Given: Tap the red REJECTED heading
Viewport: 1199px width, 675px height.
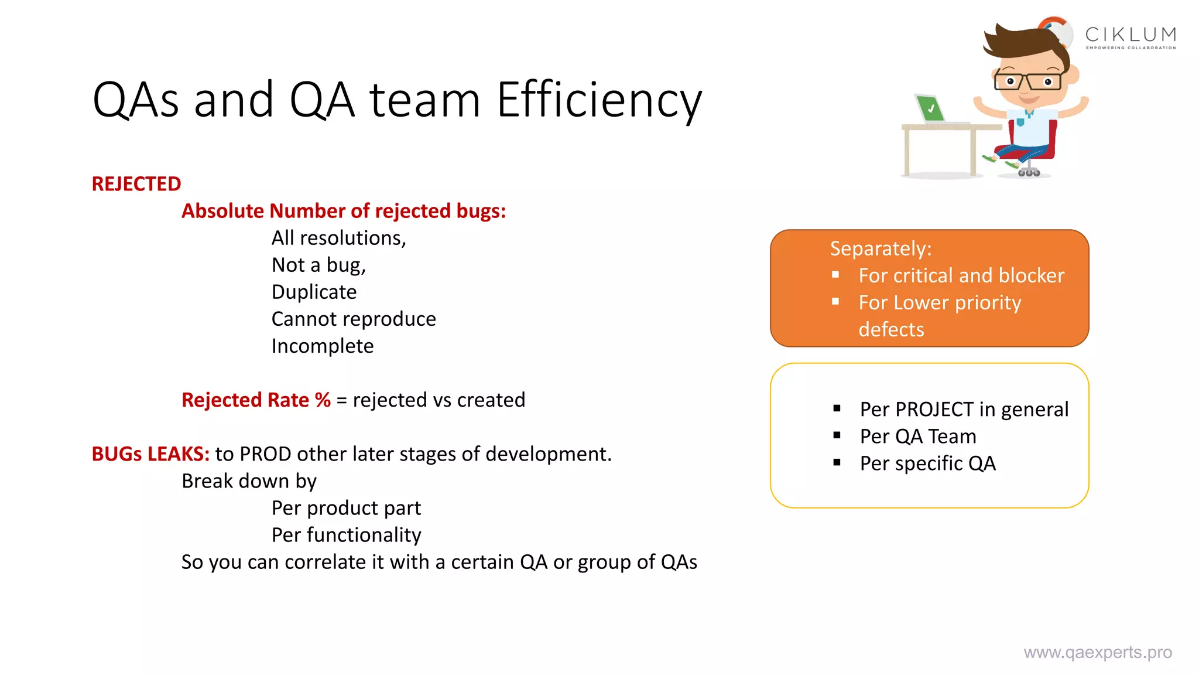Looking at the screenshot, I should pyautogui.click(x=136, y=184).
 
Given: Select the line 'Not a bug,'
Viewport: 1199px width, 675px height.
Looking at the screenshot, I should pyautogui.click(x=318, y=265).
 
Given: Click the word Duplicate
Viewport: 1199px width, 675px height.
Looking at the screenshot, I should pyautogui.click(x=314, y=292).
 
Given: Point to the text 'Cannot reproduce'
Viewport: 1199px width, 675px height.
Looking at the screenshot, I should pyautogui.click(x=354, y=319).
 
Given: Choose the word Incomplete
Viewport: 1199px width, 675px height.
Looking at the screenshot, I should pyautogui.click(x=322, y=346).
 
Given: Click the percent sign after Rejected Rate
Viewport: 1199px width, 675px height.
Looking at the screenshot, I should pyautogui.click(x=323, y=400).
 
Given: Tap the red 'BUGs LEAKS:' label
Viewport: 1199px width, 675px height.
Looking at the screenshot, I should pyautogui.click(x=150, y=454).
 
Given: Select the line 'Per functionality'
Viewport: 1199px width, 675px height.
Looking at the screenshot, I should pyautogui.click(x=346, y=535).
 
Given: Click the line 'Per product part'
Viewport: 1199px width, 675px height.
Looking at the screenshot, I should pyautogui.click(x=346, y=508).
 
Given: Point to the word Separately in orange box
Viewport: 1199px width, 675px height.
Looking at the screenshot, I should pyautogui.click(x=880, y=249).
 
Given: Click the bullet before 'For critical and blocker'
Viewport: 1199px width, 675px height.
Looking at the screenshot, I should pyautogui.click(x=835, y=275).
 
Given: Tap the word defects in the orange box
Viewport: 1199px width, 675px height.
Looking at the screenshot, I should pyautogui.click(x=891, y=330).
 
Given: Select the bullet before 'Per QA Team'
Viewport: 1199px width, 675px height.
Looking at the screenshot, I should pyautogui.click(x=837, y=435).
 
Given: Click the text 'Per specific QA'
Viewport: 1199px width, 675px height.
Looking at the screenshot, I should pyautogui.click(x=927, y=463).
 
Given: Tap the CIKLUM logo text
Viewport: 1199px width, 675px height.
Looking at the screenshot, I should pyautogui.click(x=1130, y=35).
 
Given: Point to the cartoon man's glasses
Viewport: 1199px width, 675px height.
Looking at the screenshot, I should pyautogui.click(x=1027, y=81).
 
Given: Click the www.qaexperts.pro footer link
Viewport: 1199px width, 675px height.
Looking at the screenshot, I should pyautogui.click(x=1097, y=653).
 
